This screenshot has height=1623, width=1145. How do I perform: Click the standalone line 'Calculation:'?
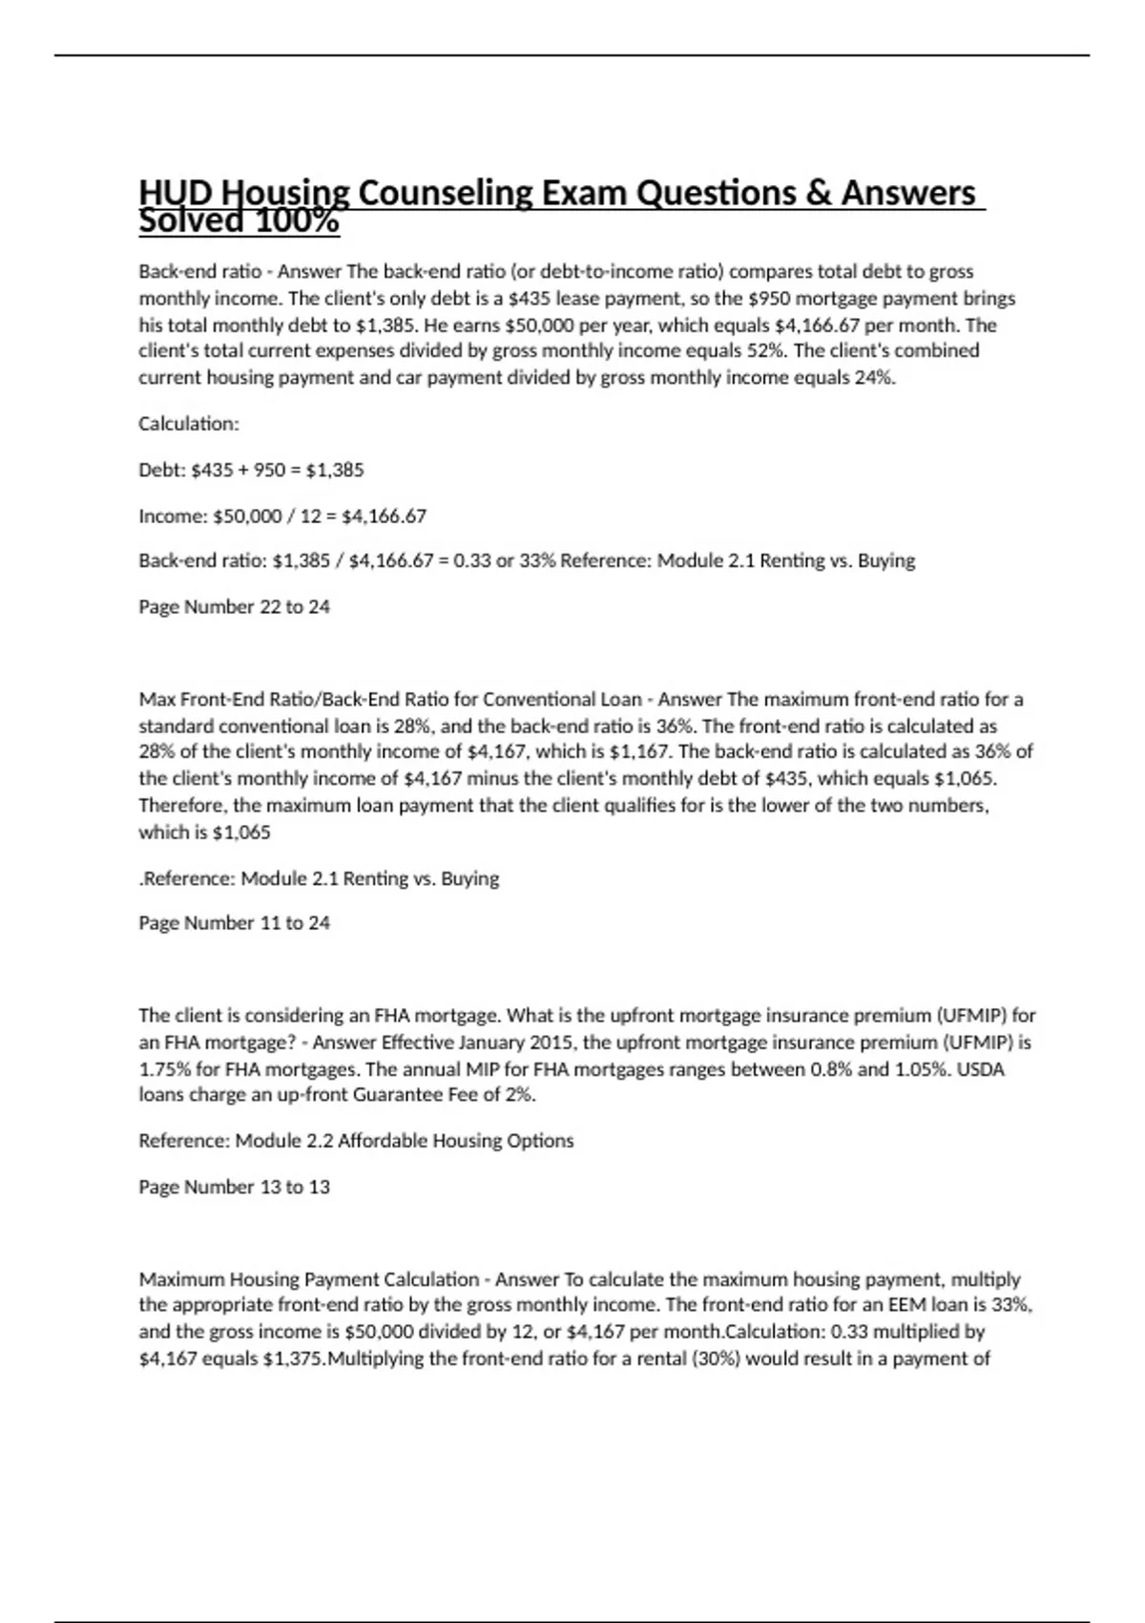pyautogui.click(x=189, y=423)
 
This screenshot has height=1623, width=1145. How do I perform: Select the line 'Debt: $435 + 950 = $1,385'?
pyautogui.click(x=251, y=470)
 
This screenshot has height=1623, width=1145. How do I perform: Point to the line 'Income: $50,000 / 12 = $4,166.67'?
pyautogui.click(x=282, y=516)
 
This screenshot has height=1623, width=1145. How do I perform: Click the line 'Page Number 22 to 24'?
pyautogui.click(x=234, y=606)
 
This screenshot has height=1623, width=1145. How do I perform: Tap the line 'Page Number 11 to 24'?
pyautogui.click(x=234, y=922)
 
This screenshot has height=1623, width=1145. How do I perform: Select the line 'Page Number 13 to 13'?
pyautogui.click(x=234, y=1187)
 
